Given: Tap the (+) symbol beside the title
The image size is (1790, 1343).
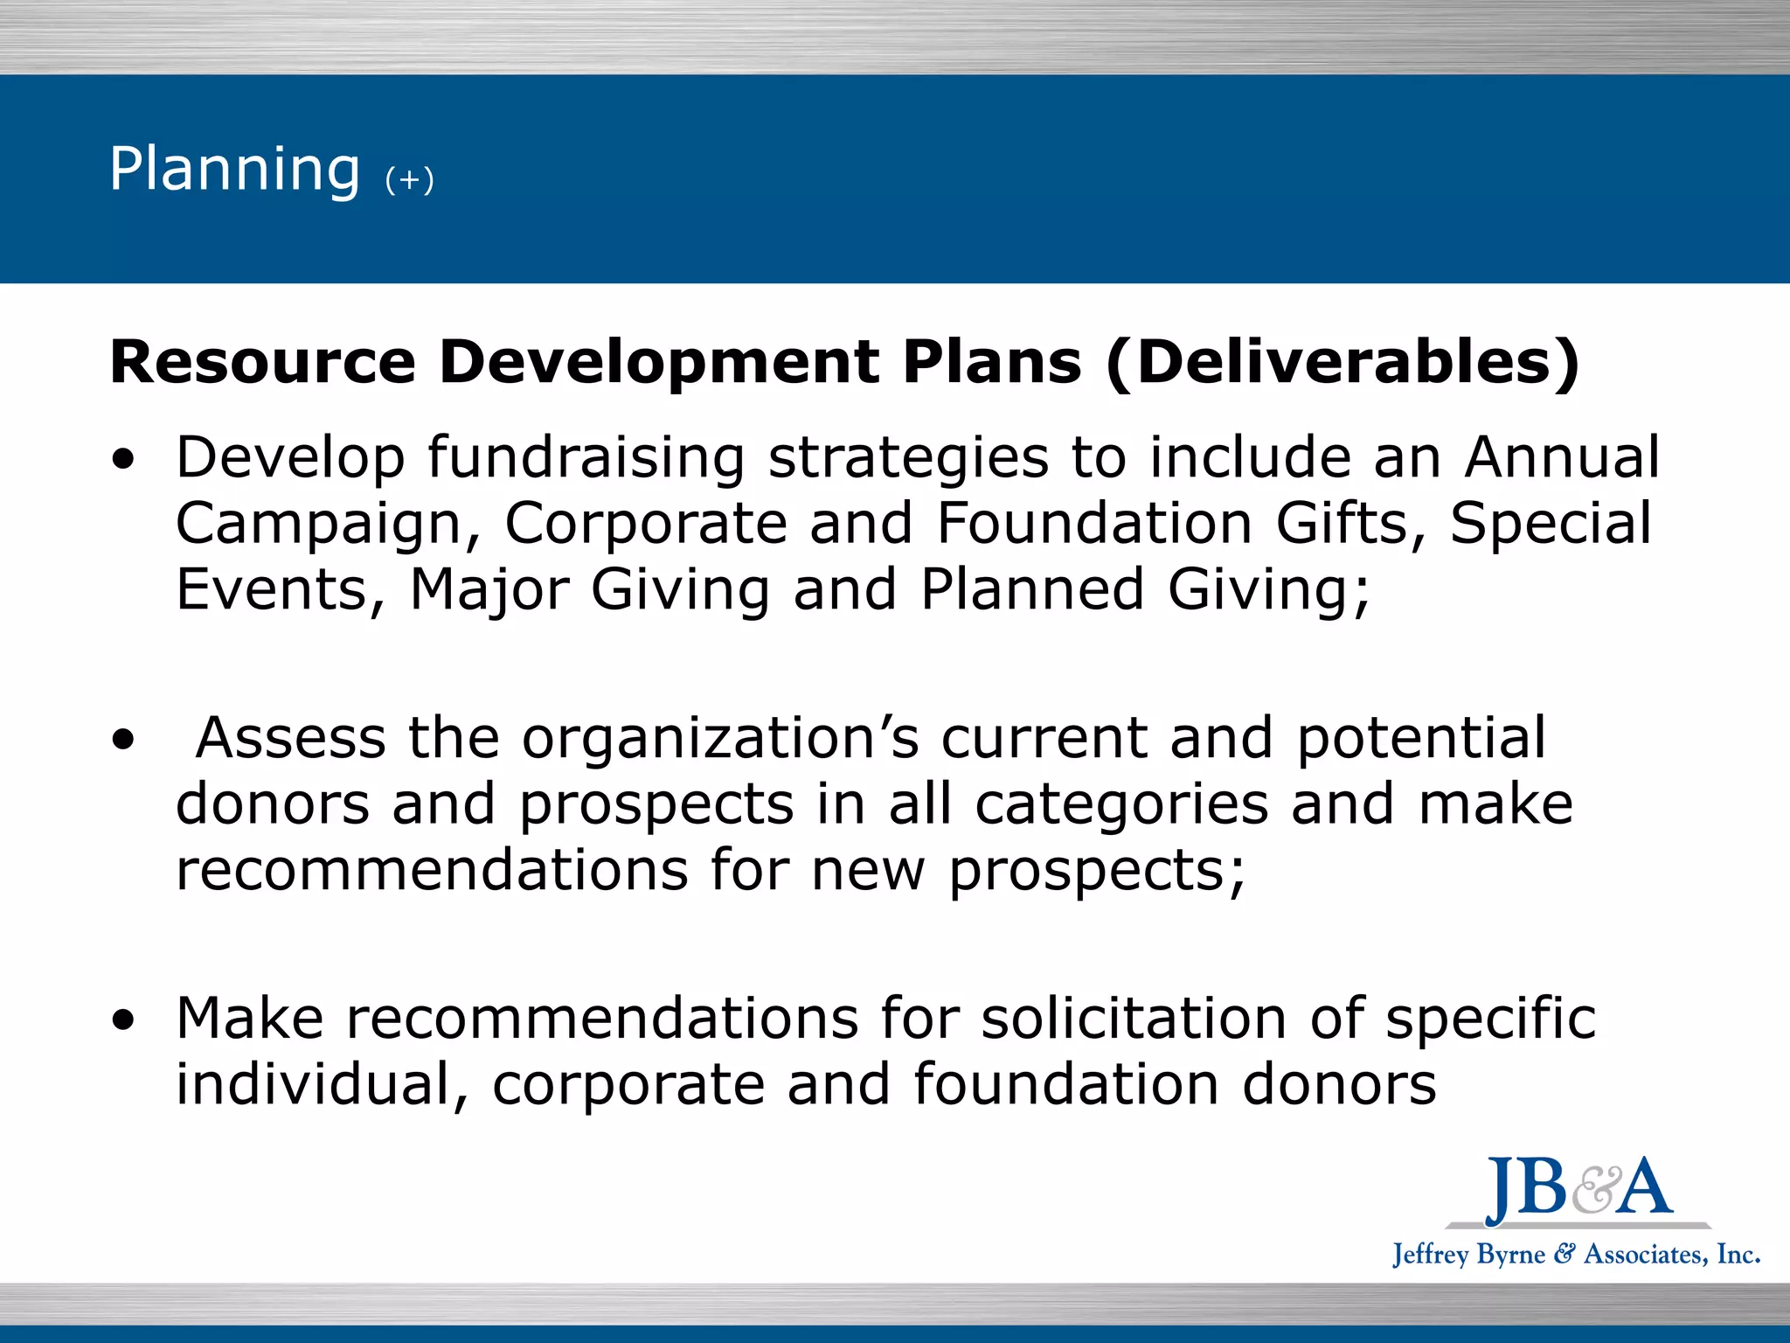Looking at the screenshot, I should (409, 180).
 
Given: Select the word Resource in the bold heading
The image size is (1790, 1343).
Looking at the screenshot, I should (262, 362).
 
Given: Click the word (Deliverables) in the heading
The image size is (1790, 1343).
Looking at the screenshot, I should (1342, 362).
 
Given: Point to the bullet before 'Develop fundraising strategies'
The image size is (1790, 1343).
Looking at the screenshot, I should (124, 458).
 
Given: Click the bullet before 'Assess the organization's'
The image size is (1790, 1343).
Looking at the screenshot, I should (124, 740).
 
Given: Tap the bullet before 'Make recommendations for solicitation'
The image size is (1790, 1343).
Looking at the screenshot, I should (124, 1019).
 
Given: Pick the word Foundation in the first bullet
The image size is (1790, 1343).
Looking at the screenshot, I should (1095, 523).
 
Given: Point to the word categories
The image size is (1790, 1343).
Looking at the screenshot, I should (1121, 804).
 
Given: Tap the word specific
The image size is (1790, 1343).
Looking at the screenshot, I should (1491, 1019).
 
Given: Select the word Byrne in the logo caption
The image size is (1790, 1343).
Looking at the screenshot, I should (1510, 1255).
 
